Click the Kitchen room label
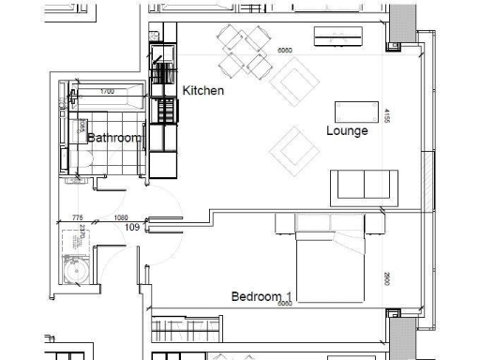203,91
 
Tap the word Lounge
347,130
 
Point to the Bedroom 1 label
262,297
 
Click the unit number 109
132,228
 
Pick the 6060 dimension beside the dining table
285,51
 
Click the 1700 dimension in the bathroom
107,92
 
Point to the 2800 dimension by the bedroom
386,278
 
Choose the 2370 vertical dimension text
82,231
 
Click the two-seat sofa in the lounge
365,185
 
